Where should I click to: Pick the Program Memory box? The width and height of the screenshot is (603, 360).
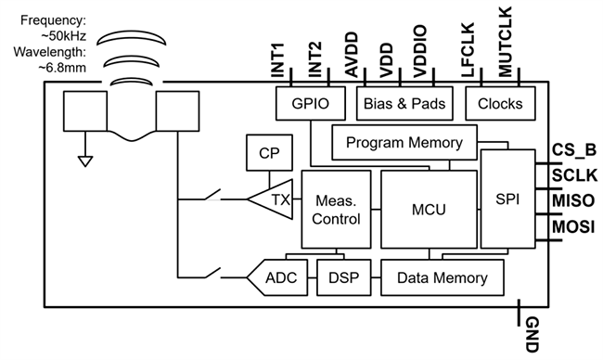point(404,143)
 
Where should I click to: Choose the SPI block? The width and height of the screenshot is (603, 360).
point(507,200)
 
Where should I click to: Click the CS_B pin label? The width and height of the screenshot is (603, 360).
point(572,149)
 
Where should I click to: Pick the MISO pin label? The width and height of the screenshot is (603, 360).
point(572,200)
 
